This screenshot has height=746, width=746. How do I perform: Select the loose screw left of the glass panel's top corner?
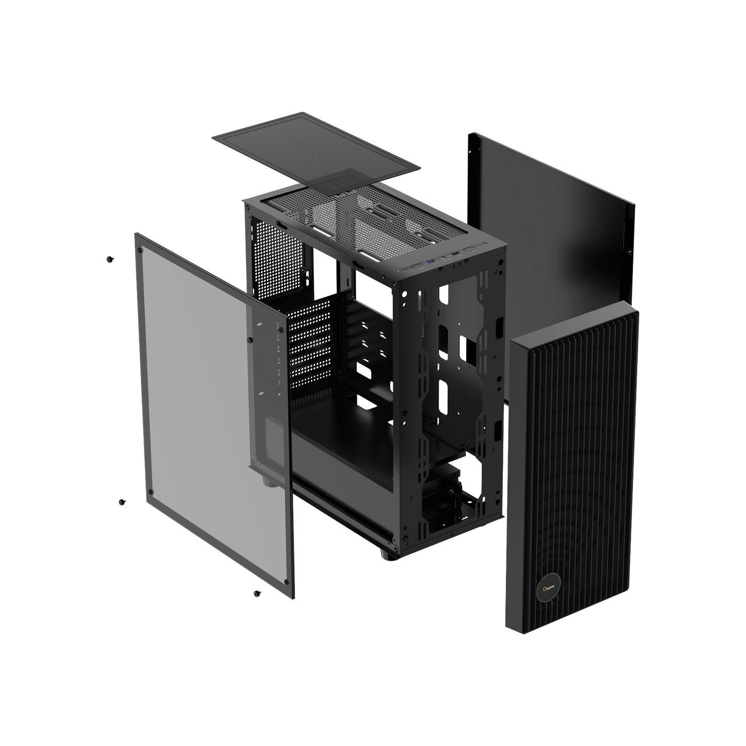point(109,259)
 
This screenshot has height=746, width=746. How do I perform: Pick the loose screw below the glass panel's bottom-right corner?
point(257,594)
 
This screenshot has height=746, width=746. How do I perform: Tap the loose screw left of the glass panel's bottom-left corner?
point(122,502)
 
